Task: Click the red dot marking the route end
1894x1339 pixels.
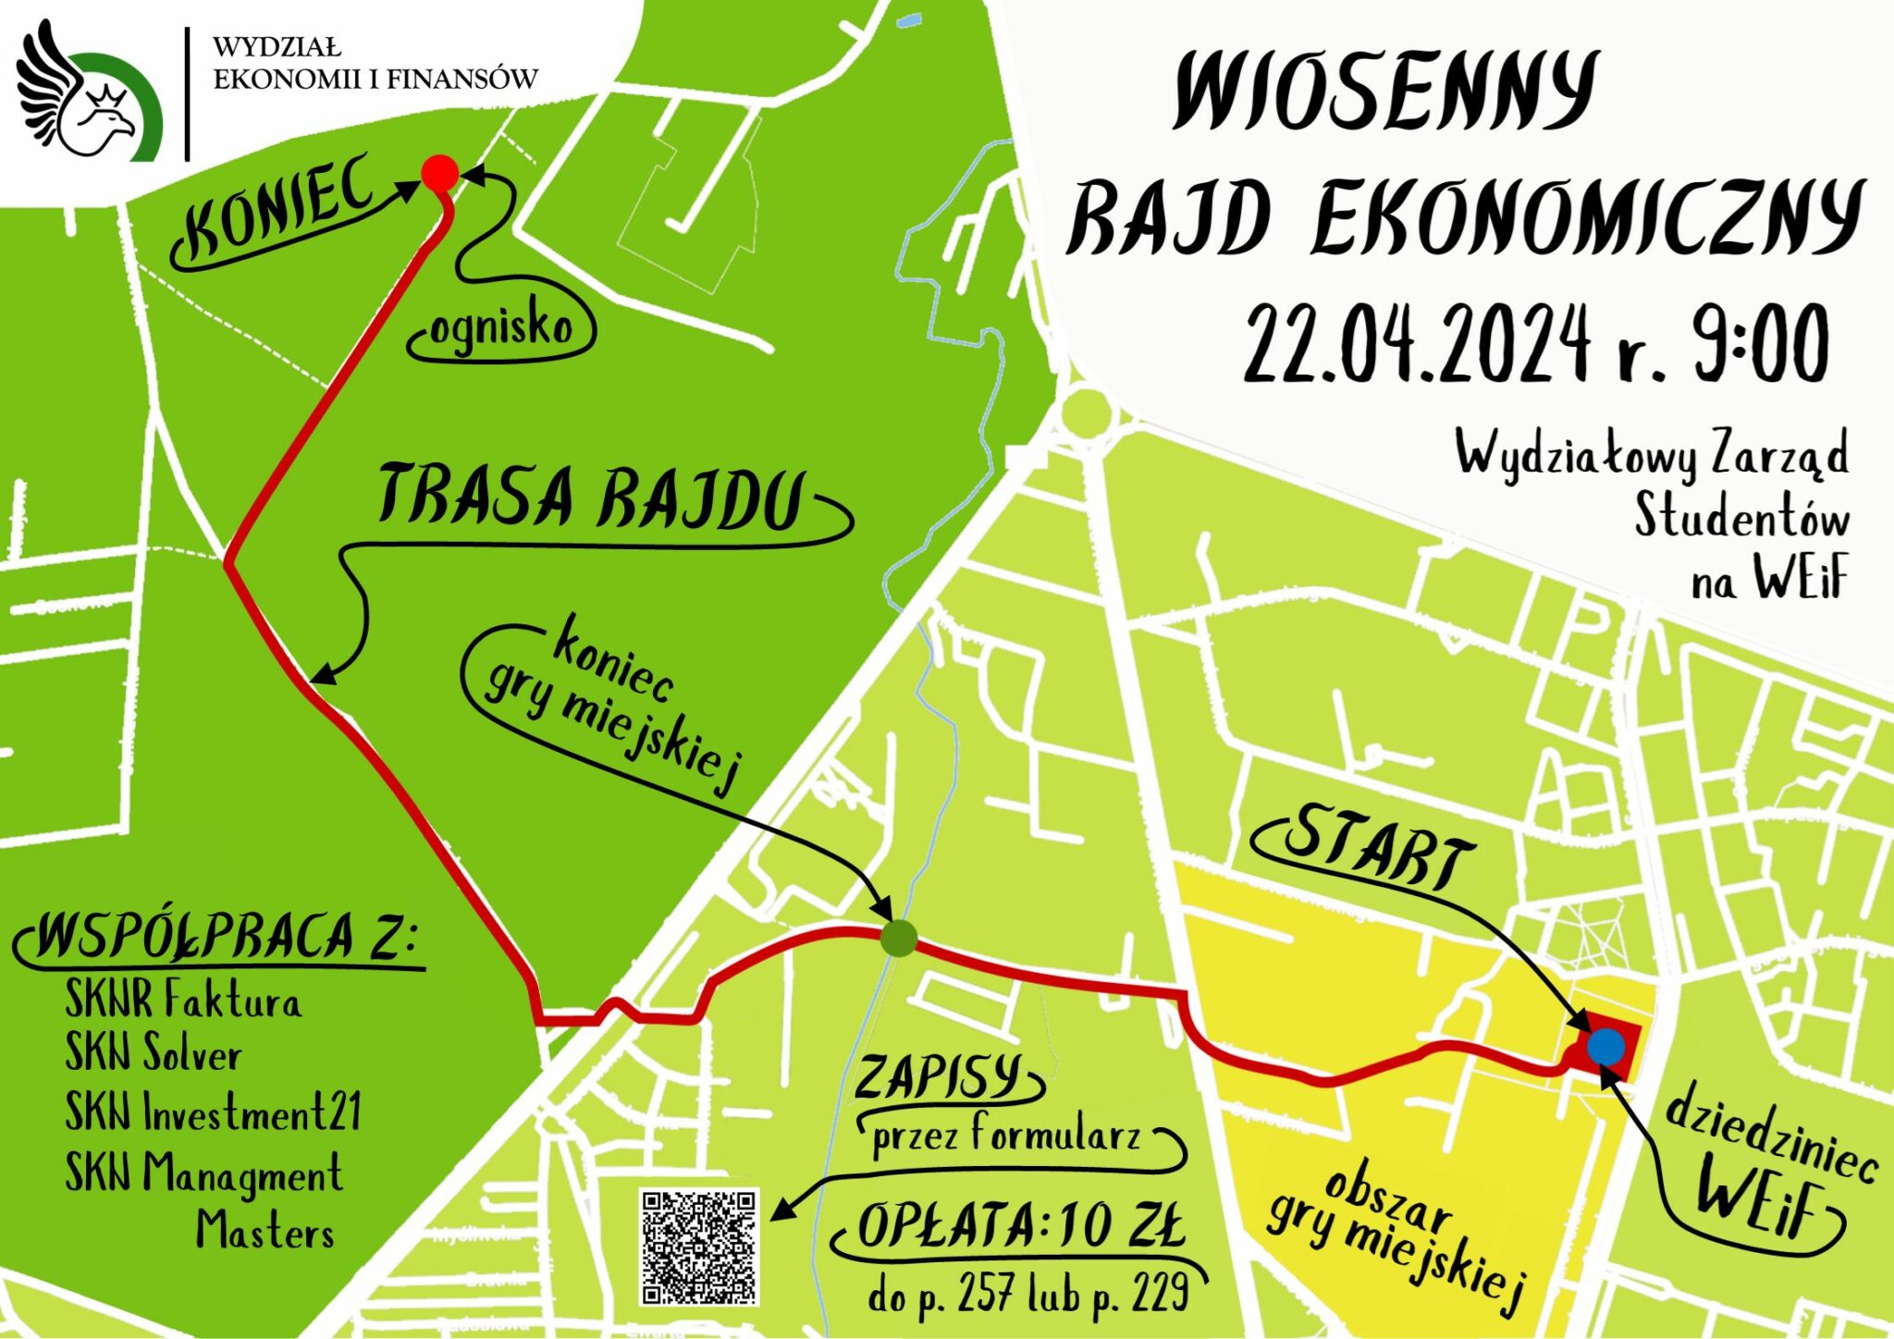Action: [x=440, y=173]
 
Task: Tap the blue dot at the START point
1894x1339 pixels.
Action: [x=1605, y=1046]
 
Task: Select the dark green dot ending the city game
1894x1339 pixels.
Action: [x=898, y=938]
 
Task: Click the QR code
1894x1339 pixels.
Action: [x=699, y=1247]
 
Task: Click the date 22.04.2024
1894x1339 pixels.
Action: [x=1415, y=344]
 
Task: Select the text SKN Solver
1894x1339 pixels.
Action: [x=154, y=1054]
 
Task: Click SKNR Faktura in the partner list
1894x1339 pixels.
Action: [x=182, y=1000]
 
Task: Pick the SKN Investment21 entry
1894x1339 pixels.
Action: [x=213, y=1112]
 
